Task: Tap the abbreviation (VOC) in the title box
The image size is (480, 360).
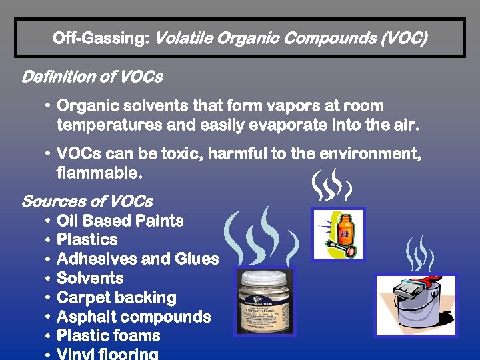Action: (x=404, y=38)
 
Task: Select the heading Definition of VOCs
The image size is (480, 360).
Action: (x=92, y=77)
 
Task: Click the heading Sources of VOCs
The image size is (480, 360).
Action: (x=87, y=201)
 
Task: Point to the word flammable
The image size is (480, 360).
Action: (x=99, y=174)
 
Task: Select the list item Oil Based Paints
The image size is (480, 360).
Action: (x=120, y=221)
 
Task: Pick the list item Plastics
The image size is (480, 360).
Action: (x=87, y=240)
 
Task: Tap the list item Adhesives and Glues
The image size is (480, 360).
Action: (x=138, y=259)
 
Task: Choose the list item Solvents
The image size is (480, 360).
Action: (x=91, y=279)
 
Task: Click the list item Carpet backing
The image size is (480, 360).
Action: (x=117, y=298)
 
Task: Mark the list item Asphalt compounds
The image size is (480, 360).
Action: (x=133, y=317)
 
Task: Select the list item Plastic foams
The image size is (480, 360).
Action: (x=109, y=336)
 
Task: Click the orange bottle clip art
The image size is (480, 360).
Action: (x=338, y=234)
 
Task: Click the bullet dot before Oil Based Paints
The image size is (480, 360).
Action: (x=49, y=221)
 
